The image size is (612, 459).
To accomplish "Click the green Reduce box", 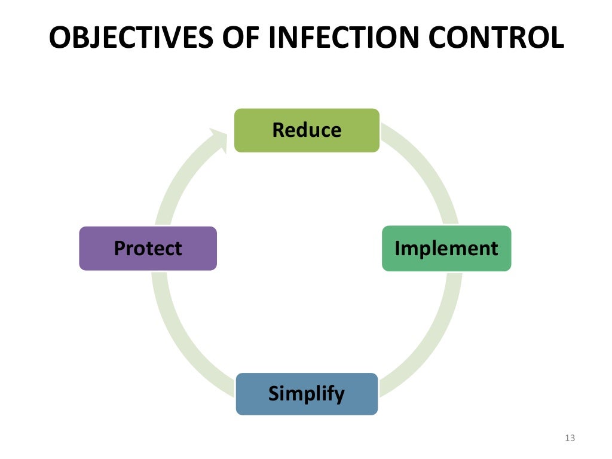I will pos(307,130).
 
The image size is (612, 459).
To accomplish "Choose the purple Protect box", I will pos(148,248).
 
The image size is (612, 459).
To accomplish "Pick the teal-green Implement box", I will pos(446,248).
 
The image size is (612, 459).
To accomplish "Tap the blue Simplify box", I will pos(307,394).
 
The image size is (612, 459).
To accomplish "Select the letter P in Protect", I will pos(120,248).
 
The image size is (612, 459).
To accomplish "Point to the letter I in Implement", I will pos(397,248).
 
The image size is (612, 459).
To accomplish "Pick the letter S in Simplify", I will pos(274,394).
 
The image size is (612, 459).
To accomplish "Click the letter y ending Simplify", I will pos(339,396).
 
